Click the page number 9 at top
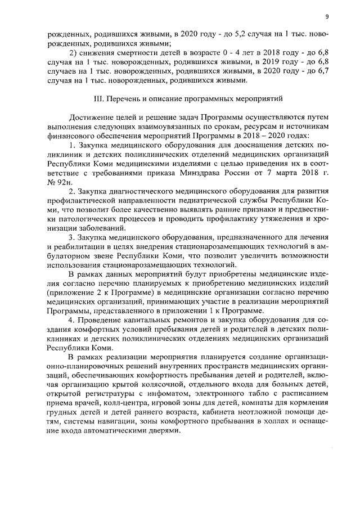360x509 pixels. pos(326,16)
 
